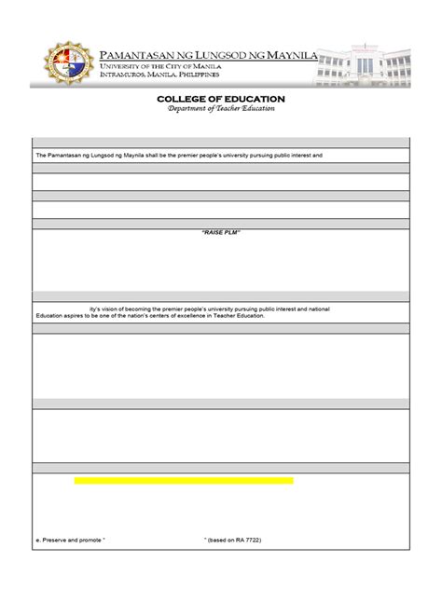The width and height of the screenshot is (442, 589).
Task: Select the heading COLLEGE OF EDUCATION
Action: pyautogui.click(x=221, y=99)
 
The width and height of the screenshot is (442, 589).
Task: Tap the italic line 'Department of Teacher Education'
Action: pyautogui.click(x=221, y=109)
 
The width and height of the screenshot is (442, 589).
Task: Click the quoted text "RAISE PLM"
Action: pyautogui.click(x=221, y=232)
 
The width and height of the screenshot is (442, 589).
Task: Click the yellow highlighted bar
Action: pyautogui.click(x=184, y=481)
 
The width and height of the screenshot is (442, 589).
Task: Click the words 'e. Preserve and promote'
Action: pyautogui.click(x=71, y=540)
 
